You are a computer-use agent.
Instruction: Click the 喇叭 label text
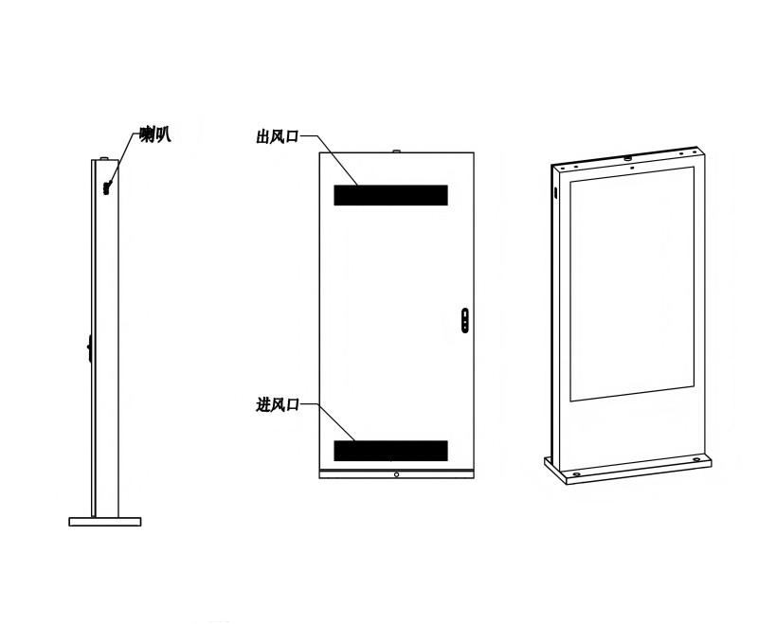[155, 134]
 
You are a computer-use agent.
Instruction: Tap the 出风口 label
[278, 136]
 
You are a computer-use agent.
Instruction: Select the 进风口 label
[278, 404]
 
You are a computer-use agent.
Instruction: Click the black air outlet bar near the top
[390, 195]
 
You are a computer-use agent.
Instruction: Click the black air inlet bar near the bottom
[390, 451]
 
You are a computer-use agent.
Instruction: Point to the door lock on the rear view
[465, 320]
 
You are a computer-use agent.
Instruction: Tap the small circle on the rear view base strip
[396, 474]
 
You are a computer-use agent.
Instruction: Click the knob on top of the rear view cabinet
[397, 152]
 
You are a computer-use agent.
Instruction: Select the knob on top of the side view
[104, 158]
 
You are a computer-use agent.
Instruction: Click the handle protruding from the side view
[89, 348]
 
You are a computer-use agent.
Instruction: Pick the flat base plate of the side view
[105, 522]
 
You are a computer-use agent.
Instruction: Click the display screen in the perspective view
[632, 284]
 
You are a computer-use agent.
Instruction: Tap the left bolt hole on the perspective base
[577, 473]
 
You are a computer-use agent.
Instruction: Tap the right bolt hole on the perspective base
[696, 459]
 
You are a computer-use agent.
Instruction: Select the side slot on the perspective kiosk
[555, 193]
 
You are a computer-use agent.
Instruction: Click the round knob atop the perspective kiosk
[628, 158]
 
